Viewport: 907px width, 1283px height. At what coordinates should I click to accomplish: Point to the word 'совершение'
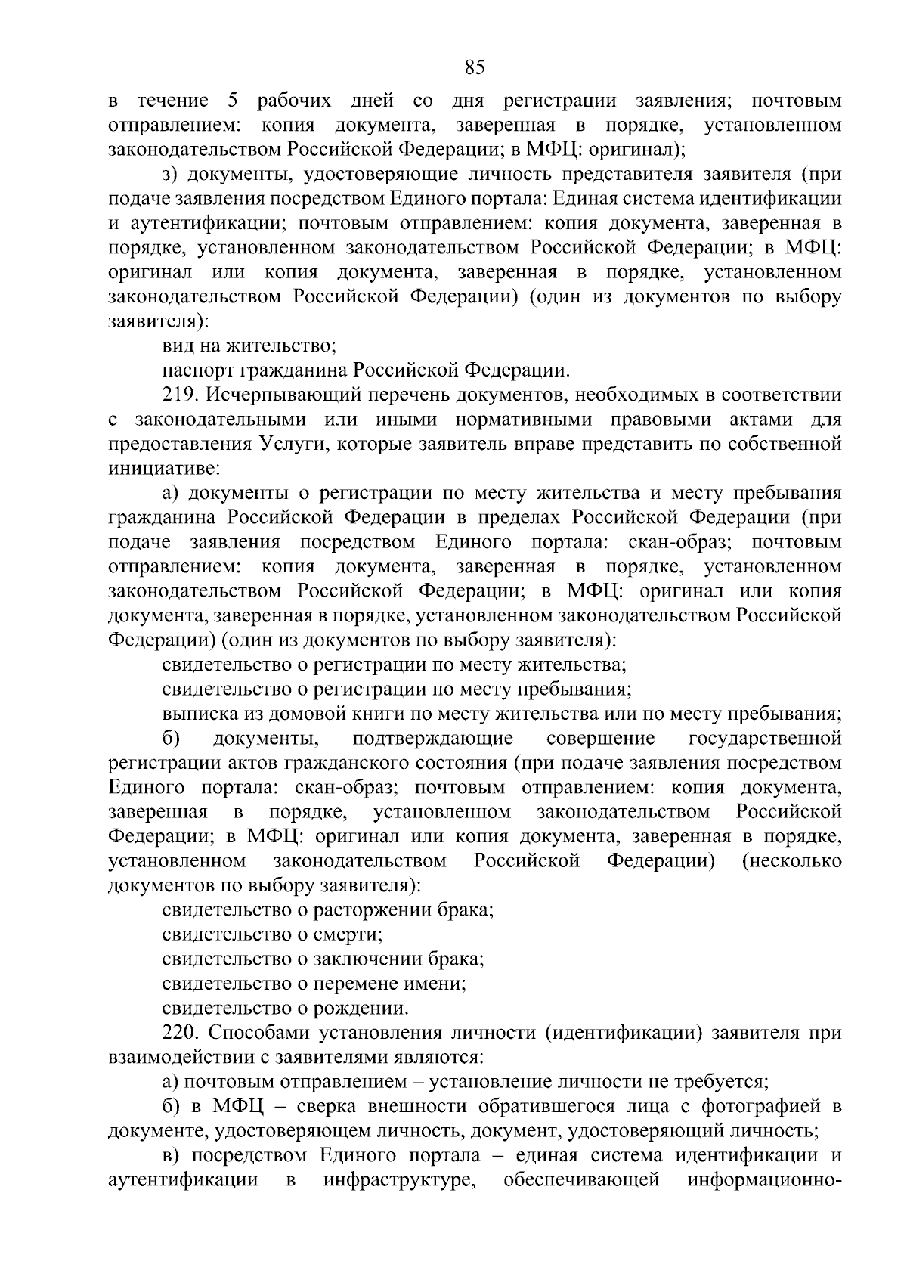pyautogui.click(x=599, y=738)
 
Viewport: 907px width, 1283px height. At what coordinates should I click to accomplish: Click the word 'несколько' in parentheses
pyautogui.click(x=792, y=860)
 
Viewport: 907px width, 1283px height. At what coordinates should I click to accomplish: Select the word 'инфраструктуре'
pyautogui.click(x=398, y=1179)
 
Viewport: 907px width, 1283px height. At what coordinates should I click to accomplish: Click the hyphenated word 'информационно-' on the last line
pyautogui.click(x=764, y=1179)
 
